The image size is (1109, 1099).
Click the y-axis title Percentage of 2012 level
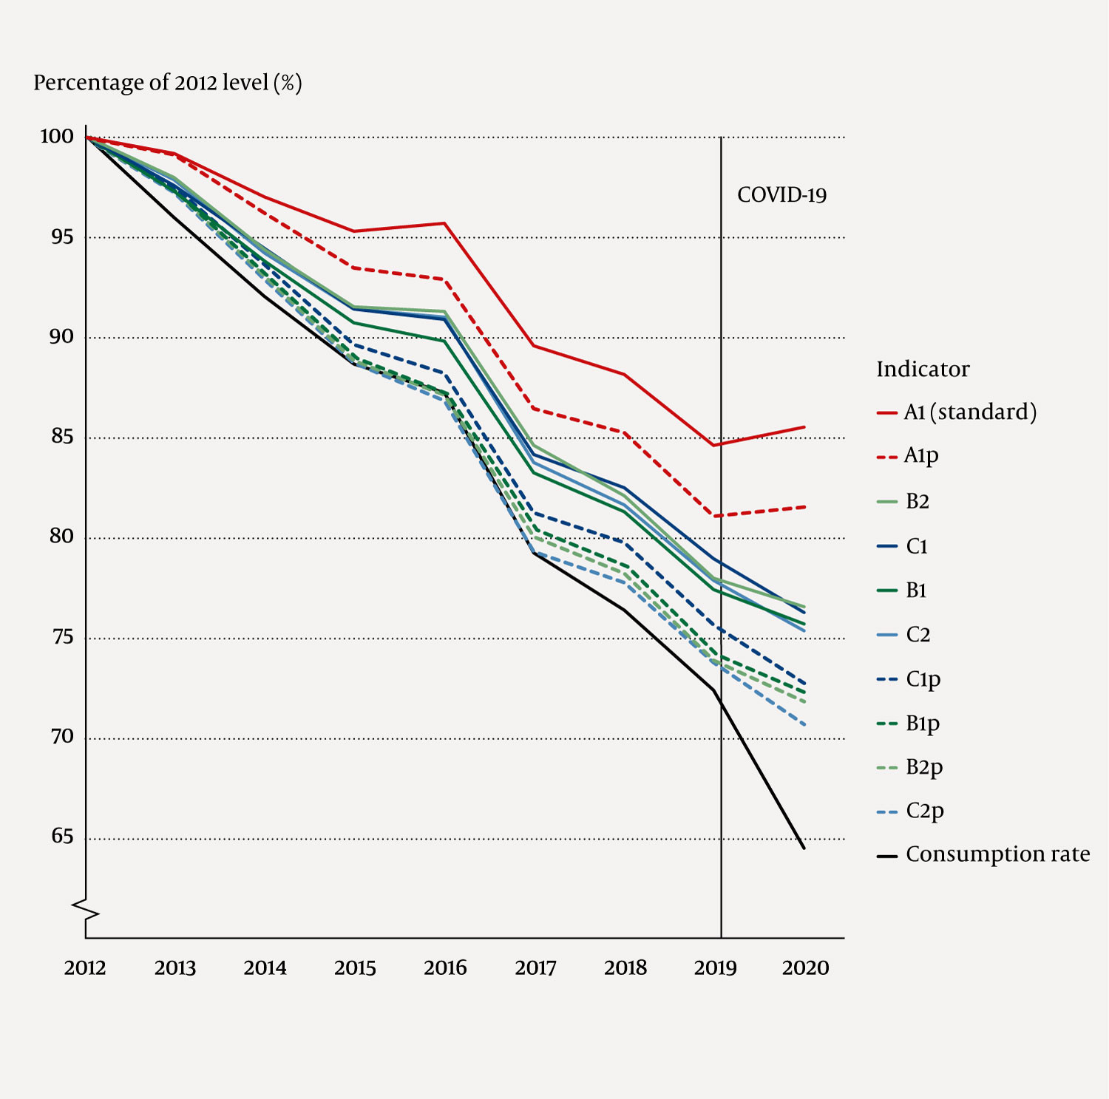[168, 83]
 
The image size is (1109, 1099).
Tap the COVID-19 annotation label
[781, 195]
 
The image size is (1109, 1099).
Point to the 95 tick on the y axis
[61, 237]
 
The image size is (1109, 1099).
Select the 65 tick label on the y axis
[62, 837]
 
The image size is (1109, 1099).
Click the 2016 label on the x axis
[445, 968]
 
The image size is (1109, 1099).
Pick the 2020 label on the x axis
[805, 968]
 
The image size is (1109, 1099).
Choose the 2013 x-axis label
[175, 968]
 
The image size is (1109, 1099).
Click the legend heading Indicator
[923, 370]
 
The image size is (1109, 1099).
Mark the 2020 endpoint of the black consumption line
[804, 848]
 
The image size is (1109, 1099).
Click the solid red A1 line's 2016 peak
[445, 223]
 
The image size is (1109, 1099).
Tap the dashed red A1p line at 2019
[716, 516]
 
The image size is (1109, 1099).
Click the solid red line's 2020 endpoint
[804, 426]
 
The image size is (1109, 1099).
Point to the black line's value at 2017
[535, 553]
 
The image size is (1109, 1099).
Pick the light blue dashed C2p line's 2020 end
[804, 725]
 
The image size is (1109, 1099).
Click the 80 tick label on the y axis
[61, 537]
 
